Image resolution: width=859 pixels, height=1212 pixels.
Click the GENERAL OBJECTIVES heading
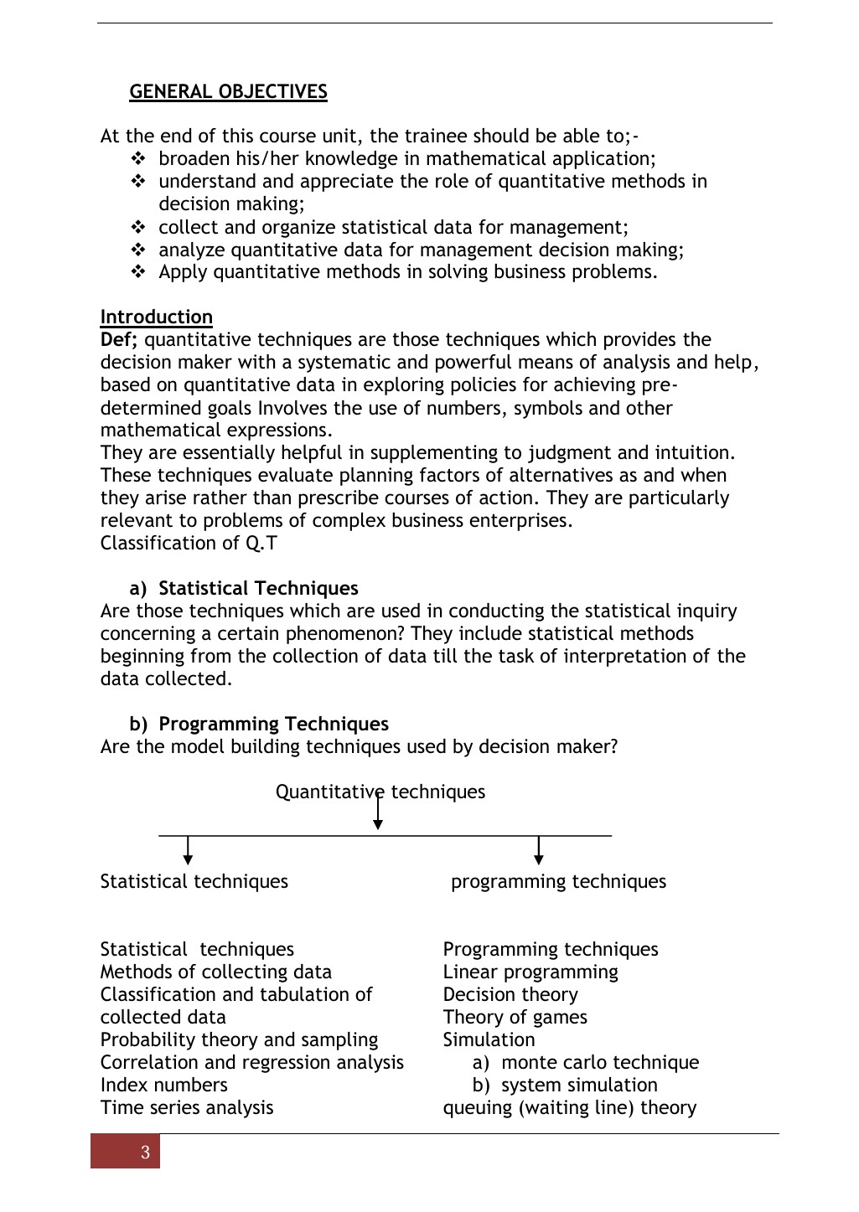click(x=228, y=92)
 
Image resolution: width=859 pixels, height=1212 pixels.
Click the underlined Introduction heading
click(x=156, y=317)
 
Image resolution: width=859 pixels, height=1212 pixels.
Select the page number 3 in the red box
click(x=145, y=1153)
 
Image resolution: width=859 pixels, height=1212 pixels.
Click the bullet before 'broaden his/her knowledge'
click(x=138, y=159)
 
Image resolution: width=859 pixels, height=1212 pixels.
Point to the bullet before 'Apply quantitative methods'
click(x=138, y=272)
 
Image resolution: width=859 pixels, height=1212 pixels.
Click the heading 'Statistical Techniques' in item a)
click(x=258, y=589)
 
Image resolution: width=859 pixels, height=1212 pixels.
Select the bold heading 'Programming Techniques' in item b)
click(x=273, y=725)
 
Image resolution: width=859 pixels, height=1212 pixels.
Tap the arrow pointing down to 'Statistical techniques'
click(x=188, y=850)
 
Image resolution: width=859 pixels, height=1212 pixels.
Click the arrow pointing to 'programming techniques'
click(x=538, y=850)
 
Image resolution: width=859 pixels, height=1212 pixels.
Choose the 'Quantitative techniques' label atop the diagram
click(x=380, y=792)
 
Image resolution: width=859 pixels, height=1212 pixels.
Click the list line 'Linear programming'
click(x=530, y=972)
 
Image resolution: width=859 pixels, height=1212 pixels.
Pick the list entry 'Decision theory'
click(x=510, y=995)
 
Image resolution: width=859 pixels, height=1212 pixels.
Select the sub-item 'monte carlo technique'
click(x=599, y=1063)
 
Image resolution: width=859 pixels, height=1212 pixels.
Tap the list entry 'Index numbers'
click(x=163, y=1086)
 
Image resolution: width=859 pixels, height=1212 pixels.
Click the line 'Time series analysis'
click(x=187, y=1108)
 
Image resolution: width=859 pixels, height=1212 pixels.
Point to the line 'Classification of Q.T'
click(x=189, y=544)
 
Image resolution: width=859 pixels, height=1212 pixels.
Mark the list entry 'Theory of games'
click(x=515, y=1018)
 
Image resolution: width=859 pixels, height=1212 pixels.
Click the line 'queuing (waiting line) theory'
click(x=569, y=1108)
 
